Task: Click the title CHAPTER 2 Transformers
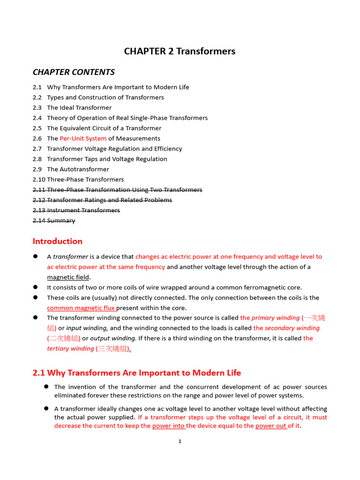(x=180, y=52)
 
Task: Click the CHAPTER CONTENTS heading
(x=74, y=72)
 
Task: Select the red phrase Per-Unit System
(x=83, y=139)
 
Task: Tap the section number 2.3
(x=37, y=108)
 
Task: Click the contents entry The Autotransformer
(x=78, y=170)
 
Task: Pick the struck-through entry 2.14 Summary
(x=54, y=221)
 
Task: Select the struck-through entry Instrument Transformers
(x=83, y=210)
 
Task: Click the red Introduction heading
(x=57, y=241)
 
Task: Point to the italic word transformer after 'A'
(x=70, y=257)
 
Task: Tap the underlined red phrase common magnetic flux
(x=81, y=308)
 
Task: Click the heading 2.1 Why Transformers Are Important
(x=137, y=373)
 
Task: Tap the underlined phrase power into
(x=169, y=426)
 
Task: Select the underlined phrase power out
(x=271, y=426)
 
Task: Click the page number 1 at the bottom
(x=180, y=441)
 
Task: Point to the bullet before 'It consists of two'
(x=35, y=287)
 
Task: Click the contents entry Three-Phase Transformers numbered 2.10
(x=85, y=180)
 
